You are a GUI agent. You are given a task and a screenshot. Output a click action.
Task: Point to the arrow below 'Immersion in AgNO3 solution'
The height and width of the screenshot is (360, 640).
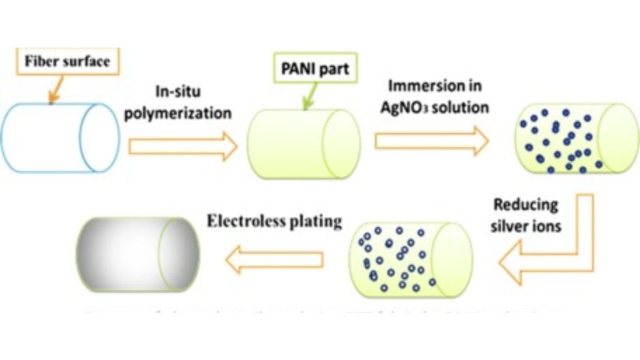(x=431, y=140)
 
